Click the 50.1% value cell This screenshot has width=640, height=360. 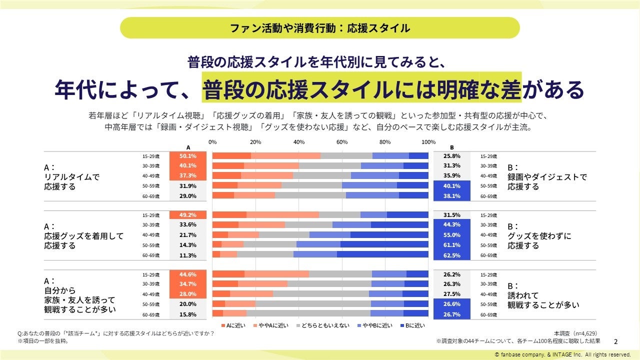[x=188, y=156]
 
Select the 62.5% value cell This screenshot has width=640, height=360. [x=451, y=255]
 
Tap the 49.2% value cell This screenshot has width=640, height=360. [x=188, y=215]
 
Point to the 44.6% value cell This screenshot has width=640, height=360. [x=188, y=274]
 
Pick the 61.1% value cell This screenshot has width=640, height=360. [x=451, y=245]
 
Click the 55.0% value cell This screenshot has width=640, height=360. [x=451, y=235]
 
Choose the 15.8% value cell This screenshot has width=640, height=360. [x=188, y=314]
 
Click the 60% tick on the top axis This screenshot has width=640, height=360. [x=342, y=142]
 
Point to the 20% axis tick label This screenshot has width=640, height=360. [x=255, y=142]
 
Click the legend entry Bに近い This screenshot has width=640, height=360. [x=412, y=325]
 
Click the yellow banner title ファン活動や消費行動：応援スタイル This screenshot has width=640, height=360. [x=320, y=28]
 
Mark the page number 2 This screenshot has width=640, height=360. [x=615, y=341]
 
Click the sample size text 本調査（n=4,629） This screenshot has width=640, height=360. [x=575, y=333]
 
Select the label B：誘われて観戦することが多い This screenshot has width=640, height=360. [x=543, y=295]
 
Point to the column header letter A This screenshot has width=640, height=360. [x=188, y=147]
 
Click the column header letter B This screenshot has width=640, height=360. [x=451, y=147]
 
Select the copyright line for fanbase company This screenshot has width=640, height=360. [x=562, y=354]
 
